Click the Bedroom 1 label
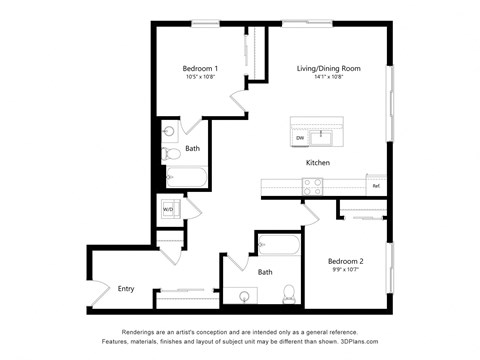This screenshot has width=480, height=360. [x=202, y=68]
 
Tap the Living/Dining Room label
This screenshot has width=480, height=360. [x=328, y=68]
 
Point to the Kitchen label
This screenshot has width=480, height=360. [x=318, y=163]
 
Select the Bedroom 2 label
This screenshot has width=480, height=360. [x=347, y=261]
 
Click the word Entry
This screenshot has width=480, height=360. [x=126, y=289]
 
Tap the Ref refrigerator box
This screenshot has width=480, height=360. [x=376, y=186]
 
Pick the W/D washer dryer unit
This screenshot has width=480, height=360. [x=169, y=210]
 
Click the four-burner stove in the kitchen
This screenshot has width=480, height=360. [x=312, y=185]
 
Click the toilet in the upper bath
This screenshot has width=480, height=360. [x=170, y=153]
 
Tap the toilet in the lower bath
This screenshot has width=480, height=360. [x=288, y=294]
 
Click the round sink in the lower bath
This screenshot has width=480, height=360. [x=244, y=295]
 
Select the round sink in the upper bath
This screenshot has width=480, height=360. [x=169, y=131]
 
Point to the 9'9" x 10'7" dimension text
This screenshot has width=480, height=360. [x=347, y=270]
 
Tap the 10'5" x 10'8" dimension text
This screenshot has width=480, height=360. [x=202, y=77]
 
